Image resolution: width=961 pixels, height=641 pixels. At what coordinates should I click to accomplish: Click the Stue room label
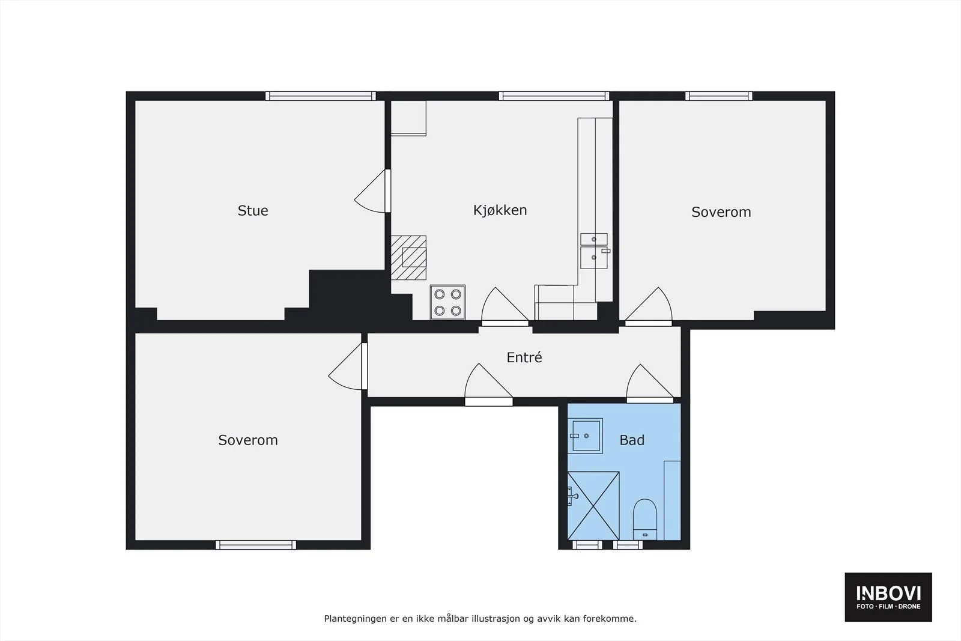point(253,211)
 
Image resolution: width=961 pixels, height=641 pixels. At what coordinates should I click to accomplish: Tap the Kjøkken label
point(500,210)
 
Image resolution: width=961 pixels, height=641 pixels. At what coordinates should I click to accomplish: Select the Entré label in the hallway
point(524,357)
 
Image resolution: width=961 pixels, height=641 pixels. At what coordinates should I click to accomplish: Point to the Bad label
point(632,440)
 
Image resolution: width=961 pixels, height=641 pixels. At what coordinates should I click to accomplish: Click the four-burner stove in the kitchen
point(448,302)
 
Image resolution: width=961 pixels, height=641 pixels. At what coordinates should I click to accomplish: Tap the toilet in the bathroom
point(645,519)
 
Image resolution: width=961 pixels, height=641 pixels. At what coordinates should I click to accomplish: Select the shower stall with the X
point(593,506)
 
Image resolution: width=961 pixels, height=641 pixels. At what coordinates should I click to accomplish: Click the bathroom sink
point(586,436)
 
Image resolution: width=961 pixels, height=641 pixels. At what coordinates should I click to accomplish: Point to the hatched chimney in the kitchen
point(408,258)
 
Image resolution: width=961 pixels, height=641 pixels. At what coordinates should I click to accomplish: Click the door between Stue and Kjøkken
point(372,192)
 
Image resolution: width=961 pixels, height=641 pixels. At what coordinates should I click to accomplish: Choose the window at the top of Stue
point(321,96)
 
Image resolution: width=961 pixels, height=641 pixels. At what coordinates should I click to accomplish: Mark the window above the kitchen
point(554,96)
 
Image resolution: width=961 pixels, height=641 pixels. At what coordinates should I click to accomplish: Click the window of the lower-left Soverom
point(256,545)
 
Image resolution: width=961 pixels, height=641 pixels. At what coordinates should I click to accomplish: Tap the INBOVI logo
point(888,597)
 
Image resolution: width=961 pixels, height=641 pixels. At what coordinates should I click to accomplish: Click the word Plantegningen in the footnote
point(356,619)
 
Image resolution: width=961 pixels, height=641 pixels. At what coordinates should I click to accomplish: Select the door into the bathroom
point(650,383)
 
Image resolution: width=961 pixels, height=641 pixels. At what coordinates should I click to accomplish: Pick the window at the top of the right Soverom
point(718,96)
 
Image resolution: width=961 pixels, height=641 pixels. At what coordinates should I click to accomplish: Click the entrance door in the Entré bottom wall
point(489,384)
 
